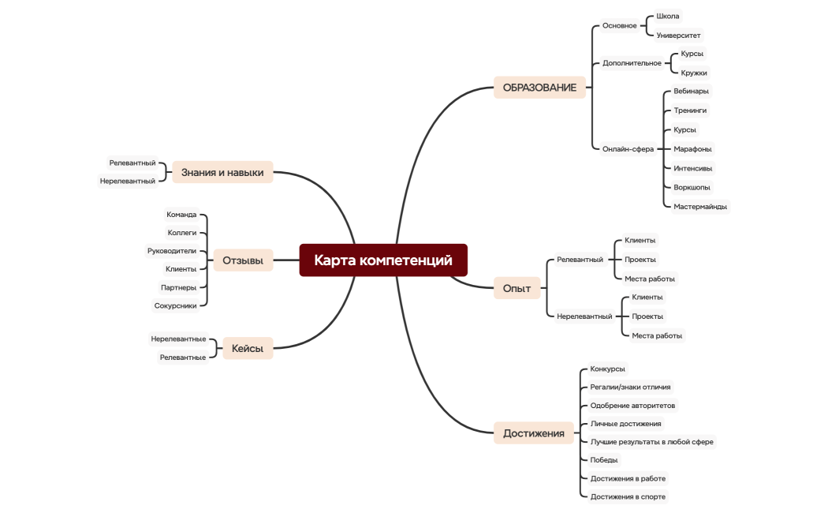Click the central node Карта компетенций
point(383,260)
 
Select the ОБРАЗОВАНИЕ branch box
point(540,88)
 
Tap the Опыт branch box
point(517,288)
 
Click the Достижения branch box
point(534,432)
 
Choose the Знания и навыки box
point(222,172)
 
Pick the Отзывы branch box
point(243,260)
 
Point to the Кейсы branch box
point(247,348)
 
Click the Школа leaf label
point(667,16)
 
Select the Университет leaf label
point(678,36)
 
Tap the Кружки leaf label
point(694,73)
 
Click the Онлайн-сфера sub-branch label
point(628,149)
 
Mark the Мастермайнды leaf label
point(700,207)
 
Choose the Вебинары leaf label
point(691,92)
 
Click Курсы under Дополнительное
point(692,54)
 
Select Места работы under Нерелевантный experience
point(657,335)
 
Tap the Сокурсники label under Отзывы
point(175,305)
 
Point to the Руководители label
point(172,251)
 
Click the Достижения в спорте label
point(628,497)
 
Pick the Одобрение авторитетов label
point(632,406)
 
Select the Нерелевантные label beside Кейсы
point(178,339)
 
